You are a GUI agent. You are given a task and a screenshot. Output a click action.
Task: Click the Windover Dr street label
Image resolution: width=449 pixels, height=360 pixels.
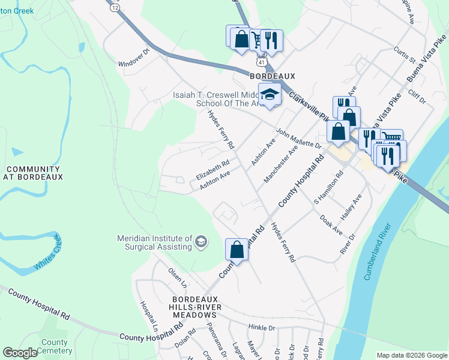(133, 58)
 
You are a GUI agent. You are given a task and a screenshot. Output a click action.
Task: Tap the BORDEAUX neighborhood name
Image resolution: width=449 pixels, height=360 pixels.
(273, 76)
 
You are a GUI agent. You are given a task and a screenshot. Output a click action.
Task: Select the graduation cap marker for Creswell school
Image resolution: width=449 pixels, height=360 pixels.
(270, 95)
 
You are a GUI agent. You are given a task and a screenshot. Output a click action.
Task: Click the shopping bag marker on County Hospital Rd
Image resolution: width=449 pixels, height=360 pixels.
(237, 249)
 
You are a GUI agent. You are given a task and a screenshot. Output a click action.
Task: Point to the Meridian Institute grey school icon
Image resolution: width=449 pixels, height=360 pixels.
(201, 242)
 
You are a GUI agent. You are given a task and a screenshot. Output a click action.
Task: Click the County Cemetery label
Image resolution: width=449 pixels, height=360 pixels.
(54, 347)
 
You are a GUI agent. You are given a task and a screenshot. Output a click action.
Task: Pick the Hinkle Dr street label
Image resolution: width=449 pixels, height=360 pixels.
(261, 328)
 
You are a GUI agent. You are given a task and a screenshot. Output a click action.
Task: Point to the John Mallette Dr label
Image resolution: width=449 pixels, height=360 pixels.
(299, 138)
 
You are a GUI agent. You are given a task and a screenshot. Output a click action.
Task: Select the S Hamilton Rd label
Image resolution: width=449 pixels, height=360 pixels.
(328, 187)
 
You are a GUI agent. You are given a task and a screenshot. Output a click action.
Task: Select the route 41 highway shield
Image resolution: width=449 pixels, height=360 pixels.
(261, 62)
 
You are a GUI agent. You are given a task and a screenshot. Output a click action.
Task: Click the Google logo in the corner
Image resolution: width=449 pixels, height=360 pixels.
(20, 353)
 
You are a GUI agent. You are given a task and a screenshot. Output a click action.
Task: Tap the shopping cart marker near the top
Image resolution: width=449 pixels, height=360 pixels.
(257, 39)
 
